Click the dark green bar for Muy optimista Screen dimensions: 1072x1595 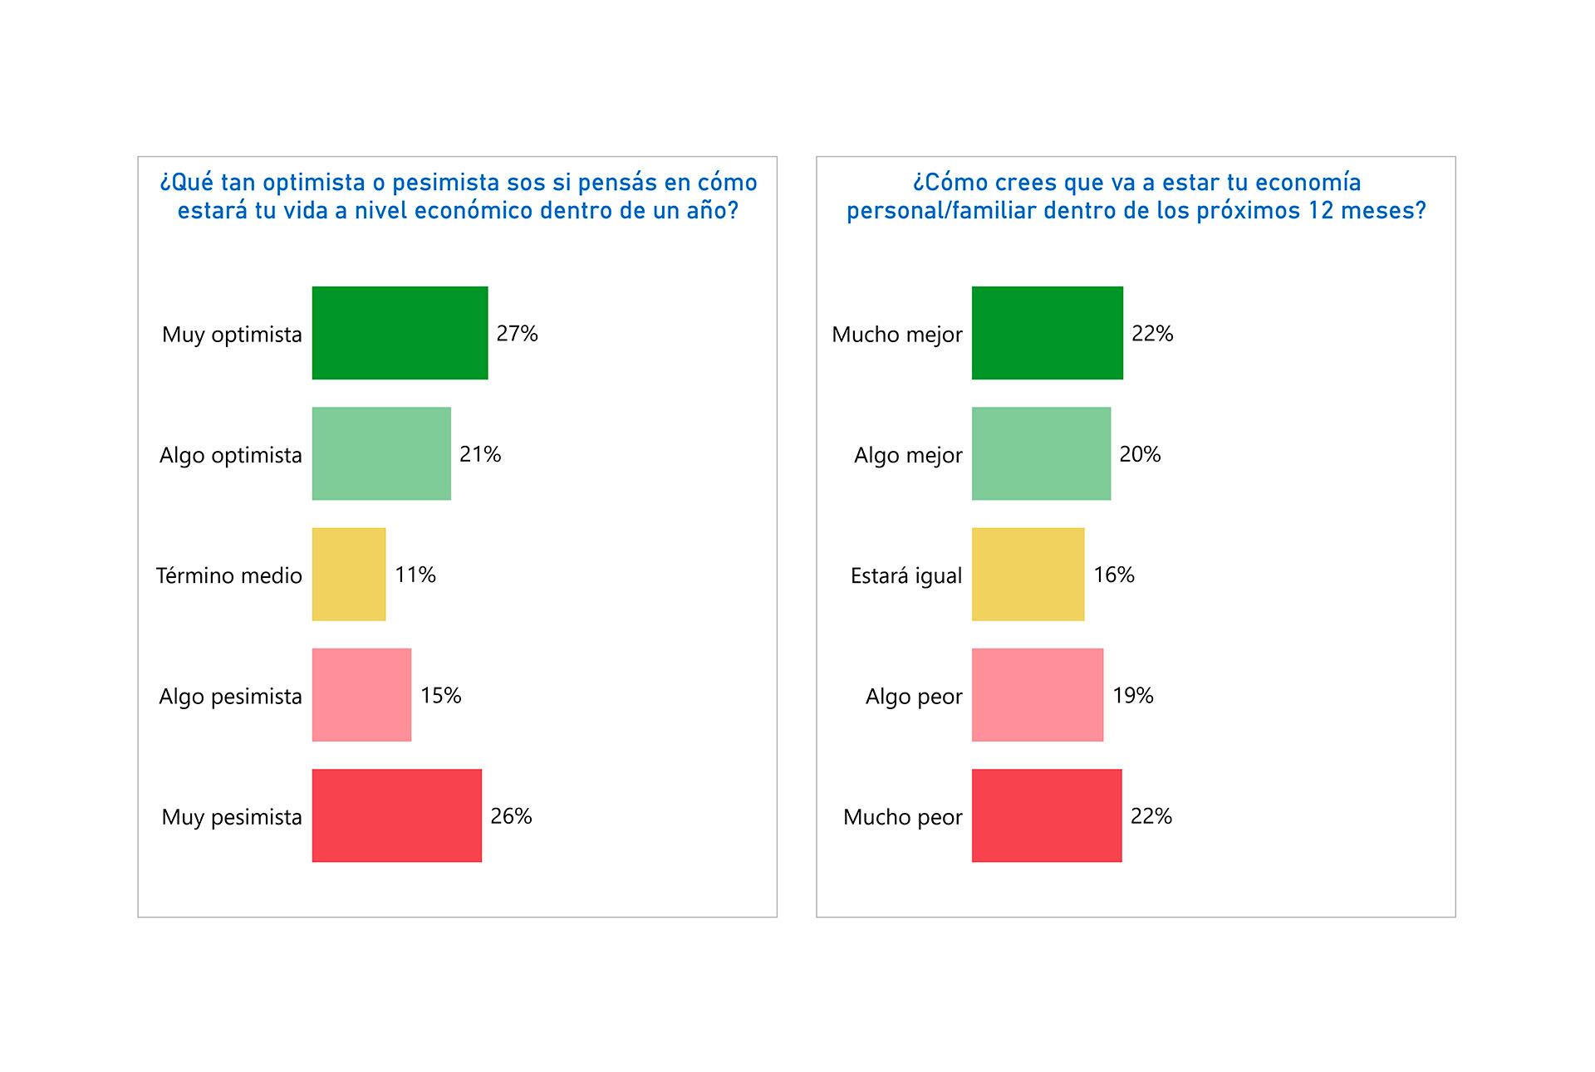[x=400, y=333]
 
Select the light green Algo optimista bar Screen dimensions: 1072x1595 [x=381, y=453]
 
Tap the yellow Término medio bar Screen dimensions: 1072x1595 [x=349, y=574]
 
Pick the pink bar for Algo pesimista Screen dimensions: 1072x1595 [x=361, y=694]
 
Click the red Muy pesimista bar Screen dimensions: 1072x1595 [x=396, y=815]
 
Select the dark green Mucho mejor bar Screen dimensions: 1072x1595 [x=1047, y=333]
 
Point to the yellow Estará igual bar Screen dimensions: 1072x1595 [x=1028, y=574]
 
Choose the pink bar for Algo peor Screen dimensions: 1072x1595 [x=1038, y=694]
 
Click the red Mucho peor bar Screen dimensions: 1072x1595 [x=1047, y=815]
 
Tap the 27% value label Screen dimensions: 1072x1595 [x=517, y=334]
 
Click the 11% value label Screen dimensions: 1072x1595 [x=415, y=575]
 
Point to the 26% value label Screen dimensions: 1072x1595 [x=511, y=816]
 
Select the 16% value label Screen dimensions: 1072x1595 [x=1113, y=575]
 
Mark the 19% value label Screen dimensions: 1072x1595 [x=1132, y=695]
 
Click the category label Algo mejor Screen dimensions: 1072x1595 [x=908, y=455]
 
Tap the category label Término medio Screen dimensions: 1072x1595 [x=229, y=575]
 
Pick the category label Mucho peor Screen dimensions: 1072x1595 [x=902, y=817]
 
